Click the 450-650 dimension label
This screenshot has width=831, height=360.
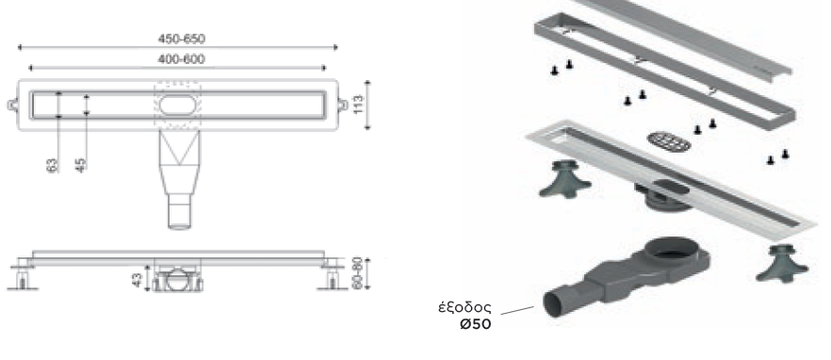(181, 39)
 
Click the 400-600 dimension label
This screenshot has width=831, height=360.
(181, 59)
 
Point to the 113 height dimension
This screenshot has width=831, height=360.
(358, 105)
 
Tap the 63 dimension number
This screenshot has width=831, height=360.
(52, 166)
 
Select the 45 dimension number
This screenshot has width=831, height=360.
(81, 166)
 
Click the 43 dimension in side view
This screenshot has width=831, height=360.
(138, 280)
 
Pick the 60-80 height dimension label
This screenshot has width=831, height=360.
(357, 273)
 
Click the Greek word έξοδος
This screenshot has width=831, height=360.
(464, 308)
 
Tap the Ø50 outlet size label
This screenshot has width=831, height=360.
(476, 324)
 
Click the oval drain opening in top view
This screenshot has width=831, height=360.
(177, 105)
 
